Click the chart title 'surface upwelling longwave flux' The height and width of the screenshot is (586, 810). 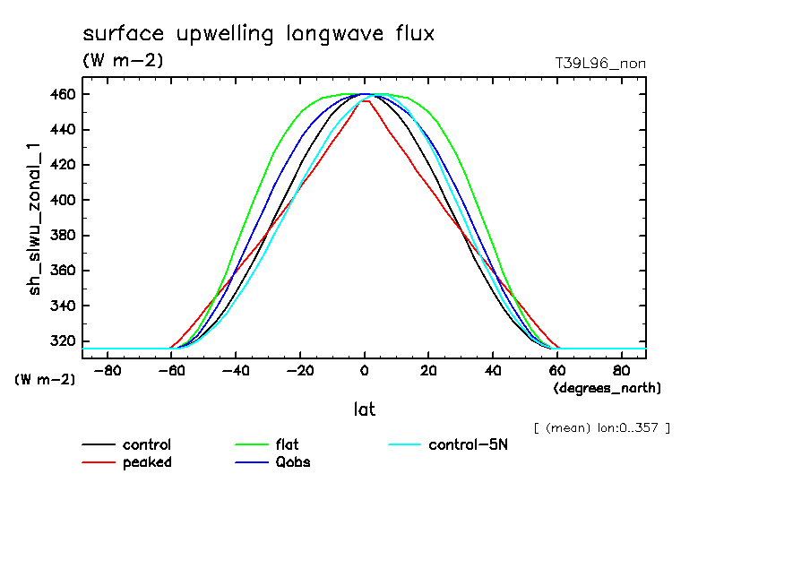point(258,35)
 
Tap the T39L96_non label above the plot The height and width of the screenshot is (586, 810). point(600,64)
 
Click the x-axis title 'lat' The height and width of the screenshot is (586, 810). point(364,409)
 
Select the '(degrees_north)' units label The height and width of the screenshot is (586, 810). point(607,388)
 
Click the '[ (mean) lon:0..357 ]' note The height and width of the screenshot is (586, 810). point(601,427)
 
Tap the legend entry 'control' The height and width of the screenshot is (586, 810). point(147,444)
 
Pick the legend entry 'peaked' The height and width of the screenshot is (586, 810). point(147,462)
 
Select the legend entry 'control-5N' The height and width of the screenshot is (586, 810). point(468,444)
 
